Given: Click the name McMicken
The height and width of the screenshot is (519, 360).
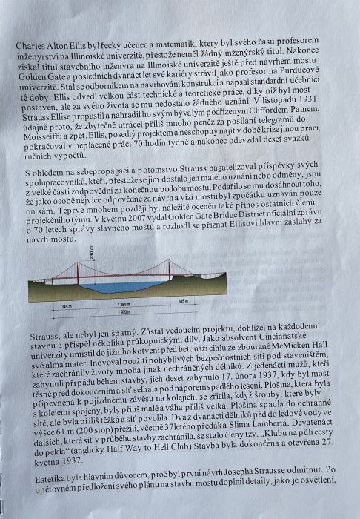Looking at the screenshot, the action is [287, 360].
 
